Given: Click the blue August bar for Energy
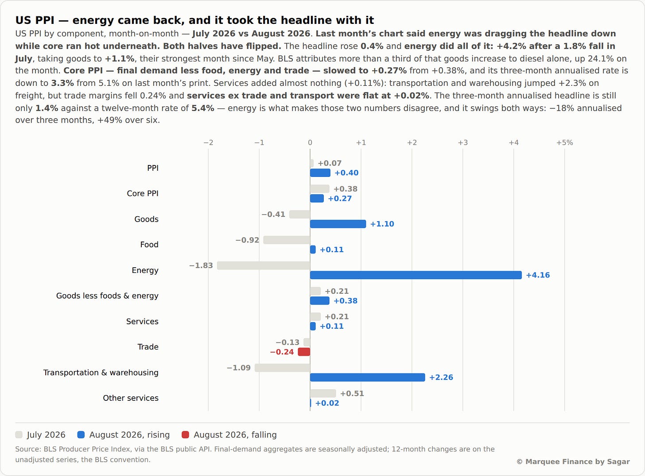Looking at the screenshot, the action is click(x=416, y=275).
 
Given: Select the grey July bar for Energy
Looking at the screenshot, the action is click(x=264, y=265).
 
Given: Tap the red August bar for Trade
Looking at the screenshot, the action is click(x=304, y=352).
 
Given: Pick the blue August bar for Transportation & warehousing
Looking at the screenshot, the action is click(x=367, y=377).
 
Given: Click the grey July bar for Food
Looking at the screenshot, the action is click(x=287, y=240).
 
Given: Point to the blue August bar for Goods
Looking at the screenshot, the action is click(x=338, y=224).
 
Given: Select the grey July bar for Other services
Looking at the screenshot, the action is click(x=323, y=393).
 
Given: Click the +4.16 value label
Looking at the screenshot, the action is click(x=538, y=275).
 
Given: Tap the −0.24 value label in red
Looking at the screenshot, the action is click(x=282, y=352).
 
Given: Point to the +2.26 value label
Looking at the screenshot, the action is click(x=441, y=377).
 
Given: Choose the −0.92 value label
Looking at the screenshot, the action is click(x=247, y=240).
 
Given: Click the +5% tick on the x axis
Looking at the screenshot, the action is click(x=564, y=142).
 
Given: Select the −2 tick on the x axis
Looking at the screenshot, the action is click(x=208, y=142).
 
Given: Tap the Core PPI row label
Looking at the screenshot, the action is click(x=143, y=193).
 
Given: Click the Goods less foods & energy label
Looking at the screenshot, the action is click(x=107, y=296).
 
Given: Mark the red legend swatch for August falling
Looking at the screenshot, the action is click(x=185, y=434).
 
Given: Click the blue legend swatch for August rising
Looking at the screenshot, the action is click(x=81, y=434).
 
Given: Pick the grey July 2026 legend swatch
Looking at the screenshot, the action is click(x=19, y=434).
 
